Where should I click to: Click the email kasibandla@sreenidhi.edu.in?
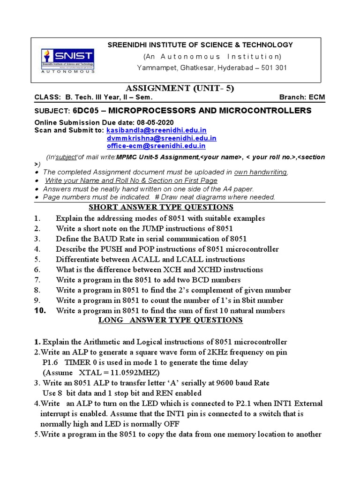click(x=157, y=130)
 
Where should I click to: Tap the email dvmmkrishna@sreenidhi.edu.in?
click(x=162, y=138)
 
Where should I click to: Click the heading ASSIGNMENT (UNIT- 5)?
click(x=180, y=89)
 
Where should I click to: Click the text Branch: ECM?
click(x=302, y=97)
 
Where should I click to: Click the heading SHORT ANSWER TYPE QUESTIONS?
click(x=161, y=207)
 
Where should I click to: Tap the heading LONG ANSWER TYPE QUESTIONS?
click(x=170, y=320)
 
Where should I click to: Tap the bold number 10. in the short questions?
click(x=40, y=310)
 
